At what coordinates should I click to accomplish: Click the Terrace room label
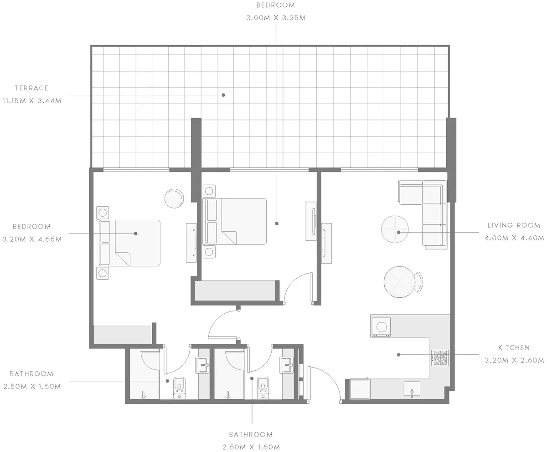click(32, 88)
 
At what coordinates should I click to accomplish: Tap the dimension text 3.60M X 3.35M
click(276, 18)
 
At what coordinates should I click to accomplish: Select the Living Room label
click(514, 225)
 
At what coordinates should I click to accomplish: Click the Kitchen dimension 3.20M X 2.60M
click(514, 360)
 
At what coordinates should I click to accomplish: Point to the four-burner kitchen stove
click(440, 358)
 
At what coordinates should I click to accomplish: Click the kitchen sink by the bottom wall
click(412, 389)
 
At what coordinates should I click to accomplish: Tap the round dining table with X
click(399, 282)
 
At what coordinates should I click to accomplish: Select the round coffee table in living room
click(395, 229)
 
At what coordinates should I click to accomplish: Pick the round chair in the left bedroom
click(174, 198)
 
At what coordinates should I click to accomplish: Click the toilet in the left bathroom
click(180, 388)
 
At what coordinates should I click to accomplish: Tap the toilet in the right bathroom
click(263, 388)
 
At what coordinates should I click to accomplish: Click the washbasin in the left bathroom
click(202, 365)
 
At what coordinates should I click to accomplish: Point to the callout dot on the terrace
click(223, 95)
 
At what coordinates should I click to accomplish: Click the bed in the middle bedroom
click(235, 222)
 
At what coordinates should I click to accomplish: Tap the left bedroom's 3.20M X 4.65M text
click(32, 239)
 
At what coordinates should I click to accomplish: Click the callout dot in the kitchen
click(399, 355)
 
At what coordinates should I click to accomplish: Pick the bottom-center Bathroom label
click(251, 435)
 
